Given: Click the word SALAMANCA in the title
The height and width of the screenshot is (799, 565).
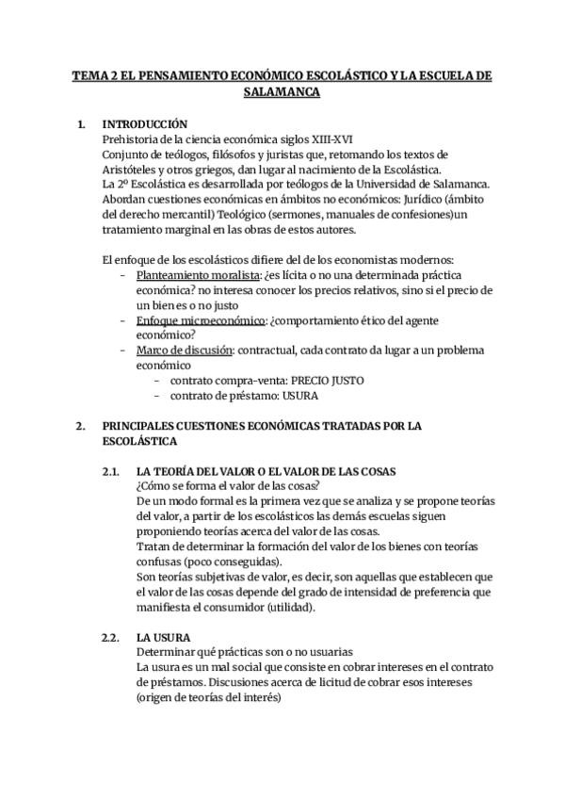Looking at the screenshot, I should [282, 92].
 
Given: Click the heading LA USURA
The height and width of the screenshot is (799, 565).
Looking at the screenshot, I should [164, 637].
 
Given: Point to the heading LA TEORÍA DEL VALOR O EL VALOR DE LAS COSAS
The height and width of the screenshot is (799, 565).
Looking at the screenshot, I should [266, 470].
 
